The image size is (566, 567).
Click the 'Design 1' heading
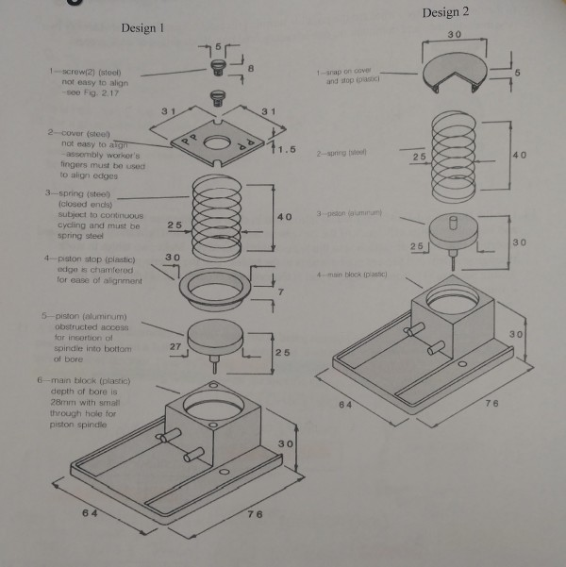143,28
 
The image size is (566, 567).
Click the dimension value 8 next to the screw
250,69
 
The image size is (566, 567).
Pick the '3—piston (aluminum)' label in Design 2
348,214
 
